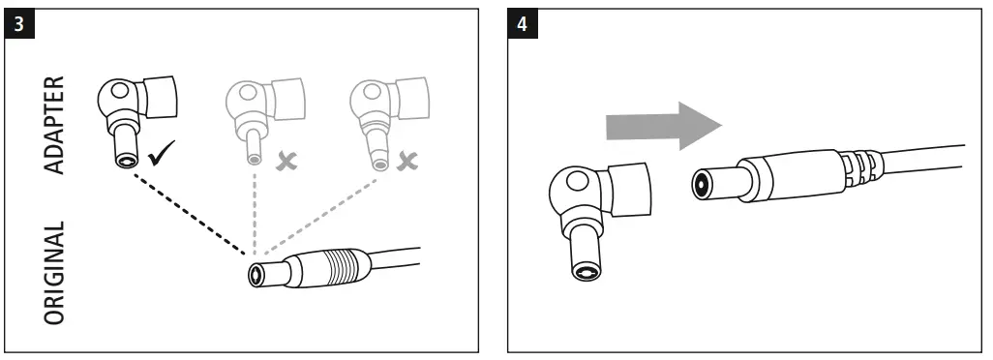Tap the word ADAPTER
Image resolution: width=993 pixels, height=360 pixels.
pos(57,123)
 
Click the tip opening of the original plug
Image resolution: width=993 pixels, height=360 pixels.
pos(256,275)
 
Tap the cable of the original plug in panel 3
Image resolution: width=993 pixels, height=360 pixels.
pos(397,257)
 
